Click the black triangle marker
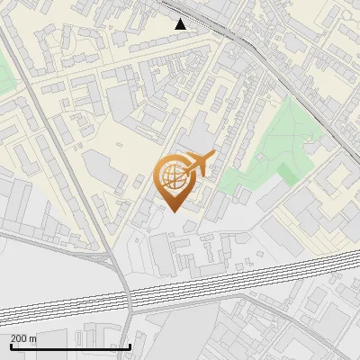(x=181, y=24)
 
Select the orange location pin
(x=176, y=181)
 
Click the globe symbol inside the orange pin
(x=175, y=177)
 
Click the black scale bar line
(x=70, y=346)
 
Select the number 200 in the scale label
(x=20, y=338)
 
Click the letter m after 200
(x=33, y=338)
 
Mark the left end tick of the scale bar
(x=10, y=345)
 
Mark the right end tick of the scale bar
(x=130, y=345)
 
